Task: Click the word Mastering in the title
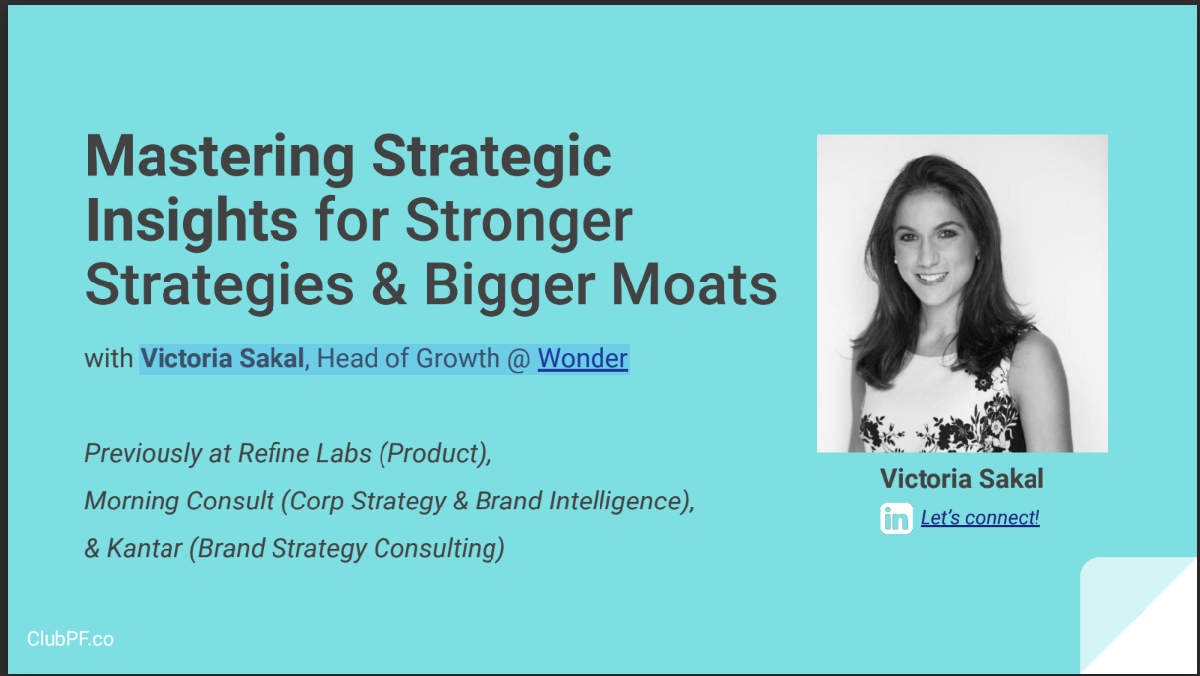click(x=220, y=157)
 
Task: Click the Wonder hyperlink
click(x=583, y=358)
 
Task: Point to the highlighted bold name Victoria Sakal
click(x=222, y=358)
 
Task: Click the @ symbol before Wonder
click(x=519, y=358)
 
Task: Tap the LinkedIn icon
click(x=896, y=518)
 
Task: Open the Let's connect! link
click(x=980, y=517)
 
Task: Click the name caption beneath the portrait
click(x=961, y=479)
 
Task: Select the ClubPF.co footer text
click(x=70, y=639)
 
